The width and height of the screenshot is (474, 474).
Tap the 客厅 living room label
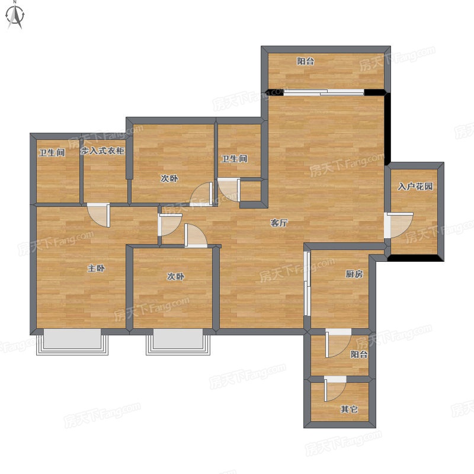(x=278, y=223)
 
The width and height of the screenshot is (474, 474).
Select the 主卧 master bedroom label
(x=96, y=268)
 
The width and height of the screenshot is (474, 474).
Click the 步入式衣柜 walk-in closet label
(x=103, y=150)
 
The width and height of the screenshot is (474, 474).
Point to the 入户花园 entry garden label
(x=415, y=187)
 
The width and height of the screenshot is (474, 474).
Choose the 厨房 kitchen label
(x=354, y=274)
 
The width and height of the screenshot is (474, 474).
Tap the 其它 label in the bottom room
(x=350, y=409)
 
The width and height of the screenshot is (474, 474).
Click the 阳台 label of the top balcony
(x=305, y=62)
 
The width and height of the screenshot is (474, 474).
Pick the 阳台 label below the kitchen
(x=359, y=354)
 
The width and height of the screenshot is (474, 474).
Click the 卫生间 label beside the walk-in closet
(x=52, y=152)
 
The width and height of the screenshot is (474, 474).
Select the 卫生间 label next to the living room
(x=234, y=159)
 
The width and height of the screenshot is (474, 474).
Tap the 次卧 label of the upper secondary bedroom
(x=169, y=178)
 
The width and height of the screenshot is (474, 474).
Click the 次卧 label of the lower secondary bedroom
(x=175, y=276)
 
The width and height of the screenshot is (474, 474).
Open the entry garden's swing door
(x=399, y=225)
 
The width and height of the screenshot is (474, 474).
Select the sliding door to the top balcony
(x=324, y=92)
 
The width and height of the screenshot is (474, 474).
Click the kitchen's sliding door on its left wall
(x=307, y=283)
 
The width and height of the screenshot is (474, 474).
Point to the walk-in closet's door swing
(x=98, y=215)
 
